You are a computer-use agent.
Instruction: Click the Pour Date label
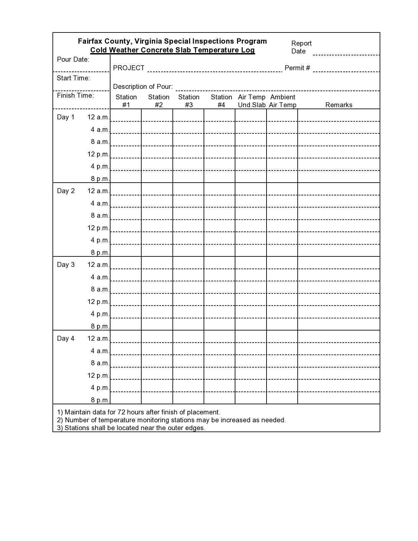tap(73, 59)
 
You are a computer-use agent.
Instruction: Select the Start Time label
tap(73, 78)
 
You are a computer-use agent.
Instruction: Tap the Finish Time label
tap(75, 95)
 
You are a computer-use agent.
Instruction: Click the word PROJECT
tap(129, 68)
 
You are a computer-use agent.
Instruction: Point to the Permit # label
tap(297, 68)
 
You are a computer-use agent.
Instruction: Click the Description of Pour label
tap(143, 87)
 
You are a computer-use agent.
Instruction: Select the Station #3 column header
tap(189, 101)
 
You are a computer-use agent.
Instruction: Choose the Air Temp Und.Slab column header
tap(251, 101)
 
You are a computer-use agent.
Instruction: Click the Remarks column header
tap(339, 105)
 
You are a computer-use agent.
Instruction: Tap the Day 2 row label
tap(66, 191)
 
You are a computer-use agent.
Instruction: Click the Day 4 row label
tap(66, 338)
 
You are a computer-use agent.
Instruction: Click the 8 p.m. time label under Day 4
tap(100, 400)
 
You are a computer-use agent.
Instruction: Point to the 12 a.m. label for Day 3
tap(98, 265)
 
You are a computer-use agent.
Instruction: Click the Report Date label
tap(301, 47)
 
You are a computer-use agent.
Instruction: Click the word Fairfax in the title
tap(90, 41)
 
